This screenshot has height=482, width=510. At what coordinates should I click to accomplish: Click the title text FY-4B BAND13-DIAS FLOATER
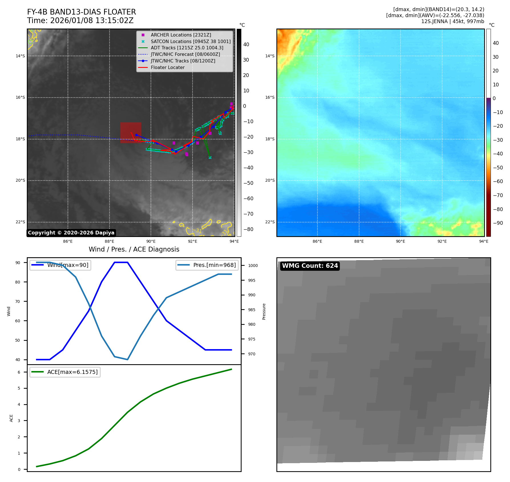(x=81, y=12)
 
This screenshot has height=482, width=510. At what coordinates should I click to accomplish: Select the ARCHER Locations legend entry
(x=181, y=35)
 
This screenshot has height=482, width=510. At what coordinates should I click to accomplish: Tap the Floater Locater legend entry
(x=167, y=67)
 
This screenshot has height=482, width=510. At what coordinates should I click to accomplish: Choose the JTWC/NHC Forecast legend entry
(x=185, y=54)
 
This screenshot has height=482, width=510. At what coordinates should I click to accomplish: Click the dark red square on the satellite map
(x=131, y=133)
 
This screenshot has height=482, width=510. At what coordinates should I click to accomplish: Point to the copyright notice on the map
(x=71, y=233)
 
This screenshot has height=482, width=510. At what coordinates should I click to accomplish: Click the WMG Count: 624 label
(x=310, y=266)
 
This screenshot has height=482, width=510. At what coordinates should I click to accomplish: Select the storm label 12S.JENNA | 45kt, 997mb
(x=452, y=21)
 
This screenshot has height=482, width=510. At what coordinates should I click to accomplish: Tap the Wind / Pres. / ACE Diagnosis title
(x=134, y=249)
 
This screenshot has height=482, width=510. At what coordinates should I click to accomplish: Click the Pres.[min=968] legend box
(x=206, y=265)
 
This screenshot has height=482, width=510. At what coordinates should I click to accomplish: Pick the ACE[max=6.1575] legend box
(x=65, y=372)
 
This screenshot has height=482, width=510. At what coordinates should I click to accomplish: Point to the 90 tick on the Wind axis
(x=18, y=263)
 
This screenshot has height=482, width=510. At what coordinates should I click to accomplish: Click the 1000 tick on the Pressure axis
(x=253, y=266)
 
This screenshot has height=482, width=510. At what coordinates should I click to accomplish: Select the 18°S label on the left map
(x=20, y=139)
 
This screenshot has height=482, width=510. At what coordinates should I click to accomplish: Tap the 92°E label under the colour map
(x=442, y=241)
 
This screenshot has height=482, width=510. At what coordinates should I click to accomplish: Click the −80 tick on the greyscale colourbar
(x=248, y=229)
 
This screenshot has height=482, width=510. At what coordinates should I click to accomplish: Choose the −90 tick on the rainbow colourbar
(x=498, y=223)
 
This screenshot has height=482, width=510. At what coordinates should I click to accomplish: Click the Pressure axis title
(x=264, y=311)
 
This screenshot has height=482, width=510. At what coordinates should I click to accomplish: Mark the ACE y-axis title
(x=11, y=418)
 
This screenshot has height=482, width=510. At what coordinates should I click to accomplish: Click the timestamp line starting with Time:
(x=80, y=21)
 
